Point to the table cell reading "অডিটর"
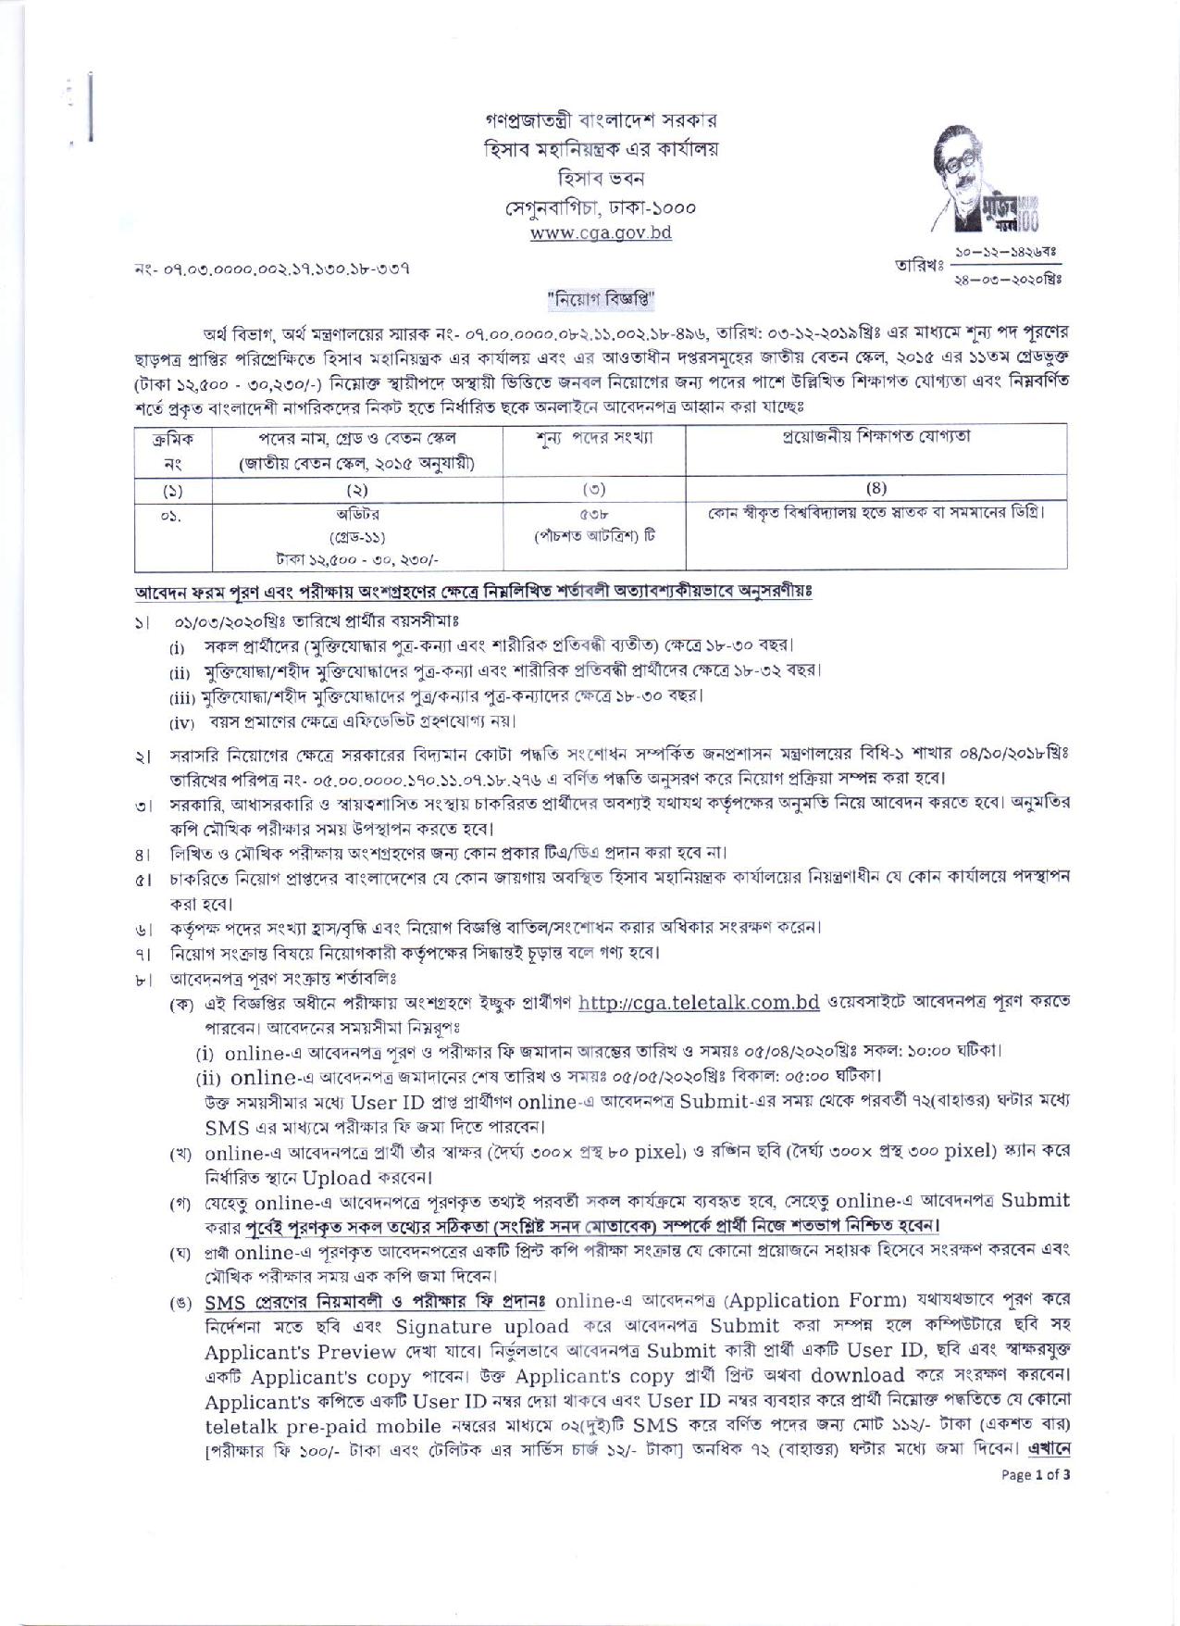click(x=357, y=515)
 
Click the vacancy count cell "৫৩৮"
click(x=593, y=515)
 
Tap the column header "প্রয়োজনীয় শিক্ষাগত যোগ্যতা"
click(x=876, y=436)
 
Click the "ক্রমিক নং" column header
click(x=172, y=449)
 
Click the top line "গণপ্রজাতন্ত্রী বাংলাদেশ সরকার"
click(x=601, y=120)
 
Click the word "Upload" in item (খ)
click(x=337, y=1179)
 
